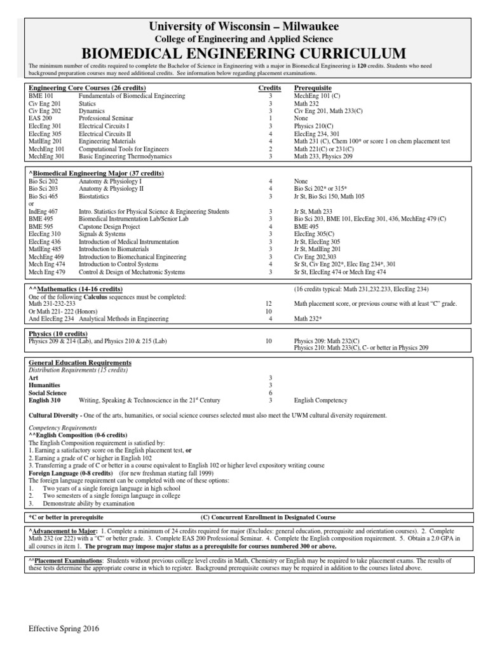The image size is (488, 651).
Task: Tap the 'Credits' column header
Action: coord(269,87)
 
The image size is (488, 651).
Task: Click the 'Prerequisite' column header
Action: coord(313,87)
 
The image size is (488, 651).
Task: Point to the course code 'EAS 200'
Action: coord(40,118)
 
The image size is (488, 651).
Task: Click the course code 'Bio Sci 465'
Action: coord(43,196)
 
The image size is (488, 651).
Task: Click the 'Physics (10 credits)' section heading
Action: coord(58,332)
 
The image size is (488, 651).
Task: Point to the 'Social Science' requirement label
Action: coord(49,393)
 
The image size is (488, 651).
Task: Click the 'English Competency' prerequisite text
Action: coord(321,401)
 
